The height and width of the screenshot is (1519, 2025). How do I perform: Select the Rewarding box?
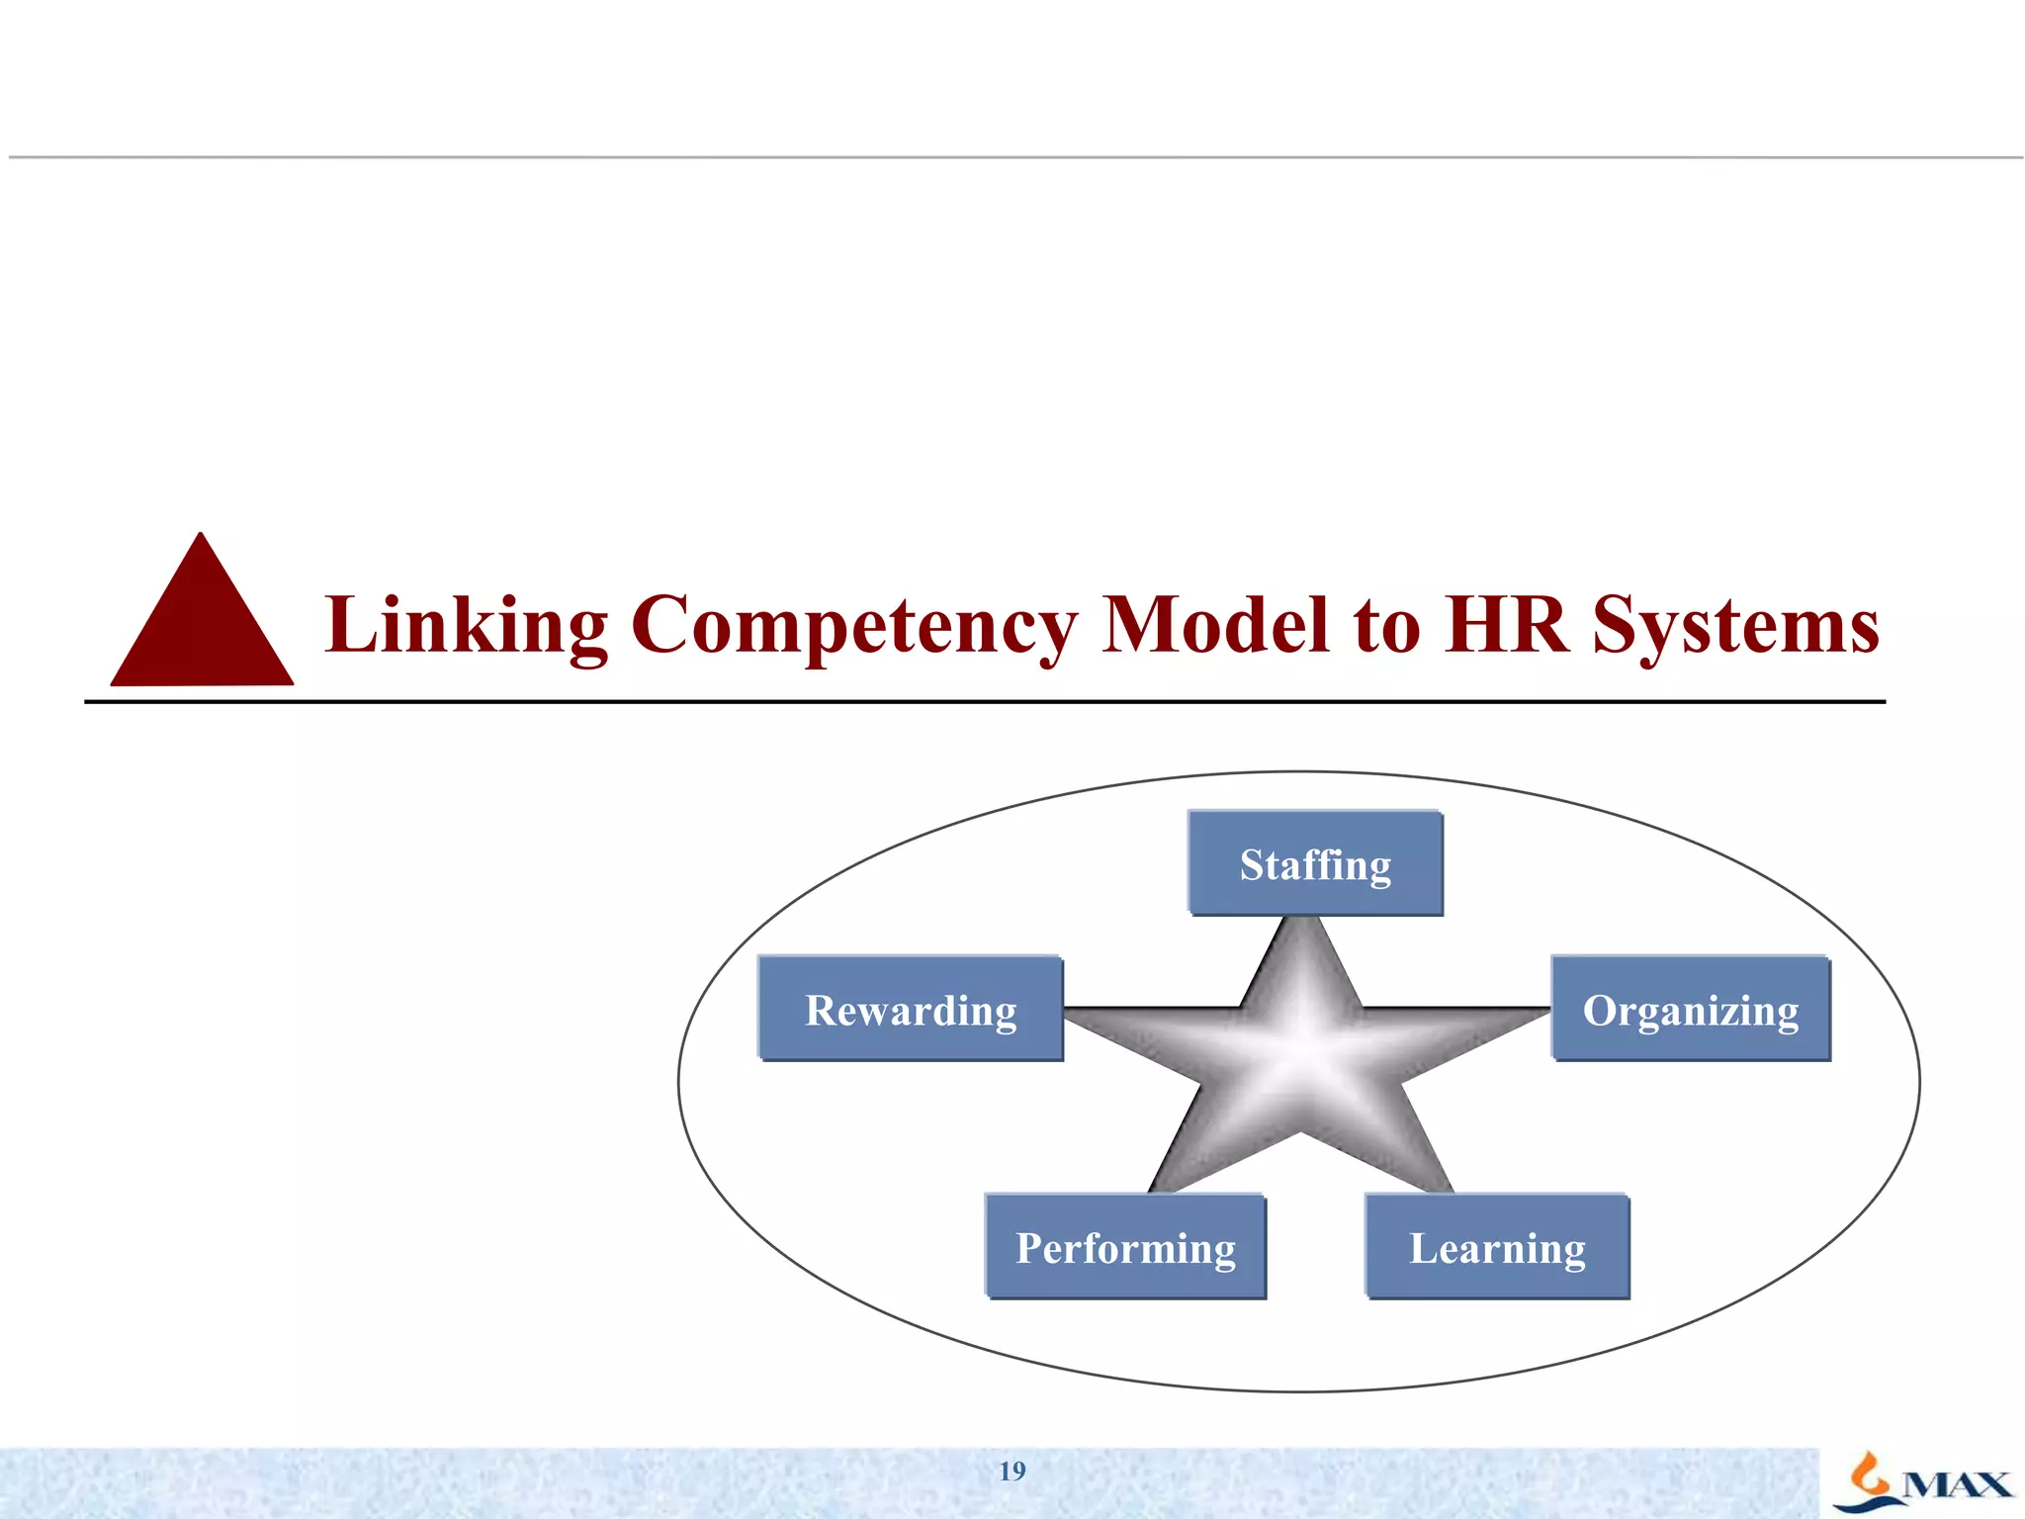point(911,1010)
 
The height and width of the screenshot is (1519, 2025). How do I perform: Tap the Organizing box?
point(1691,1010)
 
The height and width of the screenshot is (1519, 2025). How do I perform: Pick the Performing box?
point(1125,1247)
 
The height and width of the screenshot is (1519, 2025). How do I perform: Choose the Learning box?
point(1497,1247)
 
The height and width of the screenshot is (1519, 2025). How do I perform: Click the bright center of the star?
point(1303,1038)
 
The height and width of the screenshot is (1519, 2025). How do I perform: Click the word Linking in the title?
point(466,625)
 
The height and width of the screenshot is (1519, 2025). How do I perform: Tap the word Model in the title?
point(1215,625)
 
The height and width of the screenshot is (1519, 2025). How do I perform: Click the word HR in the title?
point(1506,625)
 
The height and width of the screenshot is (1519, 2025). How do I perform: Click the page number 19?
point(1012,1472)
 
